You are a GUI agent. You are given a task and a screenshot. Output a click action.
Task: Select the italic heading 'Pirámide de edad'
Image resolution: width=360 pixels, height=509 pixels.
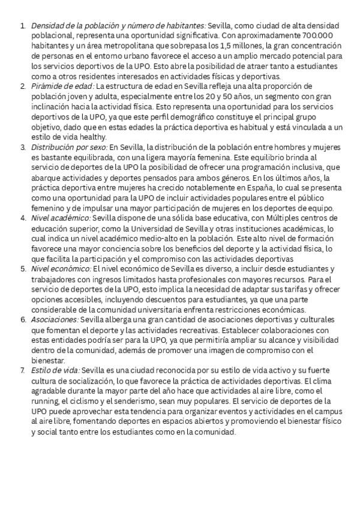(62, 86)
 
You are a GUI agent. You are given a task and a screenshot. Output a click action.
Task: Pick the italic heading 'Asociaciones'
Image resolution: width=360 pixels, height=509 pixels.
(54, 319)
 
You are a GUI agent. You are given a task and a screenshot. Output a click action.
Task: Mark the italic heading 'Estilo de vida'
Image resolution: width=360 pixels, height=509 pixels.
(55, 370)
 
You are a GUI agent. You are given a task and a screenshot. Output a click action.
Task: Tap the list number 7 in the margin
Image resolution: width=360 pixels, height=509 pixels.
(23, 370)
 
